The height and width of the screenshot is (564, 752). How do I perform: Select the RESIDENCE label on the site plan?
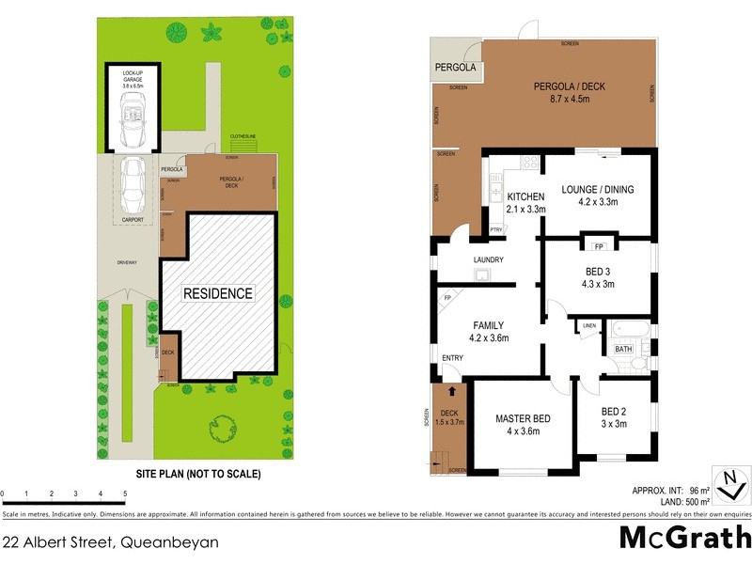tap(217, 293)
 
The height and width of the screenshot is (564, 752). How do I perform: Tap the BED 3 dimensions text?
tap(598, 285)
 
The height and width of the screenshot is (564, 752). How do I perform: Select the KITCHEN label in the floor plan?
tap(525, 196)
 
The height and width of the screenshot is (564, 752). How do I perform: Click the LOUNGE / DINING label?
tap(598, 189)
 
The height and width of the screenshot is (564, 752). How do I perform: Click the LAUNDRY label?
tap(488, 260)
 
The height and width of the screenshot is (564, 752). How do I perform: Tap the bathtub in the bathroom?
tap(628, 329)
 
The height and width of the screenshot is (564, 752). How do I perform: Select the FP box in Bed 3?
tap(598, 247)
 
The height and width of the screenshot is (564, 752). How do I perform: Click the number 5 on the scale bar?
tap(125, 493)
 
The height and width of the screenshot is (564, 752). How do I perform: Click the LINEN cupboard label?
tap(589, 325)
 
